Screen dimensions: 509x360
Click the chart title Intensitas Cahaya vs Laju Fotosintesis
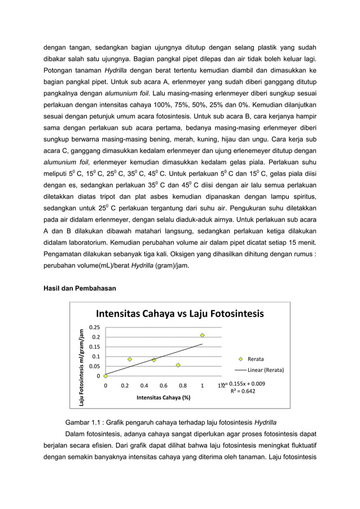point(179,314)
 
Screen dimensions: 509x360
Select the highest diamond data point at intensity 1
point(202,335)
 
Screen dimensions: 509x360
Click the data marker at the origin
point(106,376)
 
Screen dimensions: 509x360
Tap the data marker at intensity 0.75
point(178,366)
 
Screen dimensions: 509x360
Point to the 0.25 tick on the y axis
point(95,327)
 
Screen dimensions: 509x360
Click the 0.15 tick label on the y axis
point(95,347)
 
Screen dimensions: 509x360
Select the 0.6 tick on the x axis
point(164,386)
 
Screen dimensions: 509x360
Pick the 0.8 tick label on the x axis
point(183,386)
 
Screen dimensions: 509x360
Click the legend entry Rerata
point(255,359)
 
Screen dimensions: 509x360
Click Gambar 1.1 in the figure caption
point(82,422)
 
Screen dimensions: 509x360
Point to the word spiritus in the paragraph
point(301,197)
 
